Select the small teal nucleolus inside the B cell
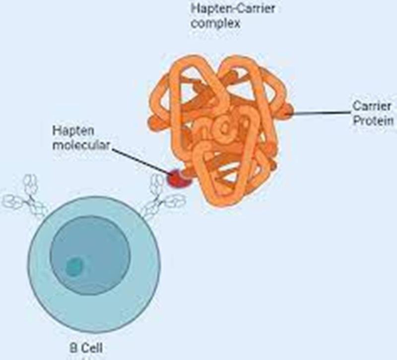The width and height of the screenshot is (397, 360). [74, 267]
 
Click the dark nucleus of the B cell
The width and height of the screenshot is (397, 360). [90, 255]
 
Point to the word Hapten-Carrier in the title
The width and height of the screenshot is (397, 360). [233, 8]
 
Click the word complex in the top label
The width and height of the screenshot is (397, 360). [215, 23]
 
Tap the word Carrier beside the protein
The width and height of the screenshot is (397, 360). [371, 106]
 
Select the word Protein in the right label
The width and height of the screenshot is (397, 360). [373, 120]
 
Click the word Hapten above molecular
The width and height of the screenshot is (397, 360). [73, 131]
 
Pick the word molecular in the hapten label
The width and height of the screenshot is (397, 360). [81, 145]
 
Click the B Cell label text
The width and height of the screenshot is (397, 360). [86, 348]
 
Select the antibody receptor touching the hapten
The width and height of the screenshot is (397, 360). [162, 197]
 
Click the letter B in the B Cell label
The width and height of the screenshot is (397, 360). [73, 348]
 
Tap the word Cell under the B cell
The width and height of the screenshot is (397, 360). [92, 348]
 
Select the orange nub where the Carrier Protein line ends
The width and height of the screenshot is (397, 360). [287, 111]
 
